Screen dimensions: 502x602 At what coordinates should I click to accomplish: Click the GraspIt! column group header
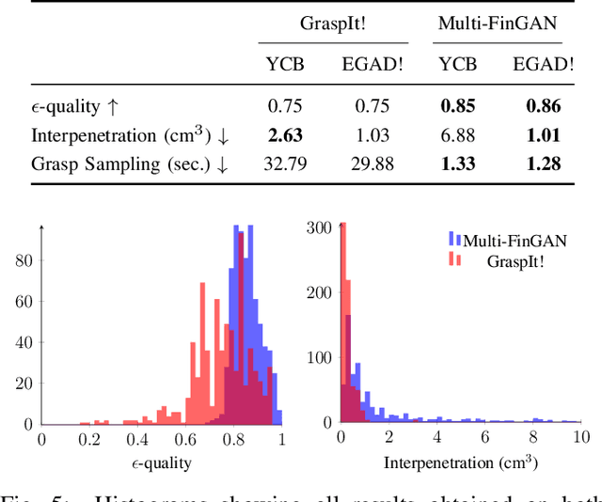point(334,23)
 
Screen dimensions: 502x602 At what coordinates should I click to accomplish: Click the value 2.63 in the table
point(285,135)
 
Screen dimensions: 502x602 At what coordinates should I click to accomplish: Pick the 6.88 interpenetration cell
point(458,135)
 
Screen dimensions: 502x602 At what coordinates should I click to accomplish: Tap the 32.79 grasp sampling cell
point(285,164)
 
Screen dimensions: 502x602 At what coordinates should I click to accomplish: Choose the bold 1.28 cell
point(543,164)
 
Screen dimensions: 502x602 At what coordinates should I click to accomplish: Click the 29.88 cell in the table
point(365,164)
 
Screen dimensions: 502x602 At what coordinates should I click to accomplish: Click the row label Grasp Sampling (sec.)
point(130,164)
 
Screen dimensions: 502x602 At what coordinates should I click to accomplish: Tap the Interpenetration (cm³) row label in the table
point(130,135)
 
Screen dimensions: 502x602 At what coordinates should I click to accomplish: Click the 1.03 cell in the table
point(365,135)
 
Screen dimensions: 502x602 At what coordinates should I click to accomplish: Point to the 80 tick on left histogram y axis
point(23,260)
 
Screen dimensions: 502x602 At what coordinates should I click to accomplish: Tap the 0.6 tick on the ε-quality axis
point(184,440)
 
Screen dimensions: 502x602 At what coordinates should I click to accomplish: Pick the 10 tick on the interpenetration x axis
point(580,440)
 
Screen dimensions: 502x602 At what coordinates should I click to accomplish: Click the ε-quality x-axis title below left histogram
point(161,463)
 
